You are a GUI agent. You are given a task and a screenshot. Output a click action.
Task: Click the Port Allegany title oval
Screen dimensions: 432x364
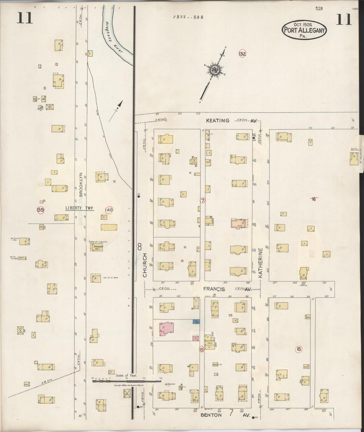(304, 30)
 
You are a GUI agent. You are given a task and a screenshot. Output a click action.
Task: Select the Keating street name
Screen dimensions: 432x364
(218, 121)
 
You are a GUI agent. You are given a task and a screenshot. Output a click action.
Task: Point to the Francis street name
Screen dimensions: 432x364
(214, 289)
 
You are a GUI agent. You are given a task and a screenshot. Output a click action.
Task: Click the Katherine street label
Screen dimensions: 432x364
(260, 263)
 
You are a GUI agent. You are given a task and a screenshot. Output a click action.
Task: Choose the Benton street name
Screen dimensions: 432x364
(211, 415)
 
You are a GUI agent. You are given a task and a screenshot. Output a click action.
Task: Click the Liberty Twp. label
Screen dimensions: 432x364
(80, 208)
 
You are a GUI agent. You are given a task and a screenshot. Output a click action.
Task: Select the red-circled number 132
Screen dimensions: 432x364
(242, 54)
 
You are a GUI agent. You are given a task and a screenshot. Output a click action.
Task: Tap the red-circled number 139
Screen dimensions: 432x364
(40, 210)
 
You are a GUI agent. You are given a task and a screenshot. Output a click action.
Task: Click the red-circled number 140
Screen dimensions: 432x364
(109, 210)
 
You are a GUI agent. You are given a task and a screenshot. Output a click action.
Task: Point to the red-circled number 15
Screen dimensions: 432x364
(299, 349)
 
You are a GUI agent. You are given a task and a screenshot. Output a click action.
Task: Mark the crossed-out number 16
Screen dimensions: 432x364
(313, 199)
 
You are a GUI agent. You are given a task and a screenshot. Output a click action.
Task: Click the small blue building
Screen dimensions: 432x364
(196, 322)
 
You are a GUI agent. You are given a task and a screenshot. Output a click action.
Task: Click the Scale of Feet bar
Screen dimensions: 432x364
(127, 381)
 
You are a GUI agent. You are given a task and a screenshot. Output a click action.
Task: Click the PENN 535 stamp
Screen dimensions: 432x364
(188, 17)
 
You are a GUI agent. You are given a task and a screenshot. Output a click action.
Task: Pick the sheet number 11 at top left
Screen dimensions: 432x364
(25, 18)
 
